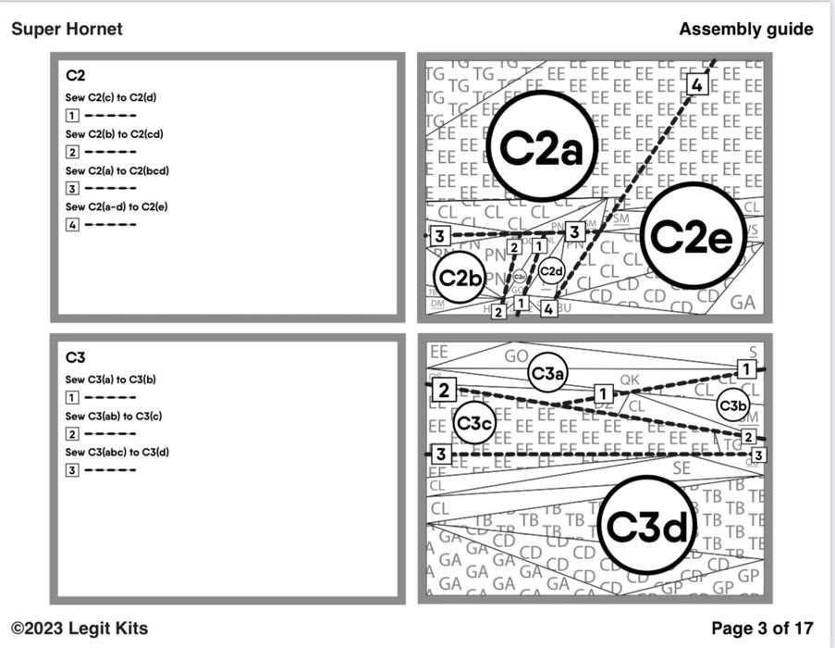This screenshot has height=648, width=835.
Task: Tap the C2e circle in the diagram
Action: (693, 235)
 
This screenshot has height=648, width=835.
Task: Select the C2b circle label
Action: (460, 277)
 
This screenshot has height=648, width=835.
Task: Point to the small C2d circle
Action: (551, 271)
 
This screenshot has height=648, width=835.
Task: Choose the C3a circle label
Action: (547, 372)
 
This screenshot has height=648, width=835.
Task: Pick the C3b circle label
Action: (732, 405)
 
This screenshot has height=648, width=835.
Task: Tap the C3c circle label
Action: (475, 423)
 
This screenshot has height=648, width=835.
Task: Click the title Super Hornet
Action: (67, 29)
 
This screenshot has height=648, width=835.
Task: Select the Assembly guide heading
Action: (745, 29)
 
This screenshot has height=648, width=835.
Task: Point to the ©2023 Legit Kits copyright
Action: (80, 629)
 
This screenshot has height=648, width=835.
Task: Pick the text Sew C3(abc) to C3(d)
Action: (117, 452)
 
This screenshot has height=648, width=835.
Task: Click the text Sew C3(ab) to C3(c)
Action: (114, 416)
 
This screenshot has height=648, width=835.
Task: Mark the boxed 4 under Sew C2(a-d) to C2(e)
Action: (72, 224)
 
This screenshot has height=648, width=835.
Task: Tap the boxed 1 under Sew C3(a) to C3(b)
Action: (72, 398)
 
